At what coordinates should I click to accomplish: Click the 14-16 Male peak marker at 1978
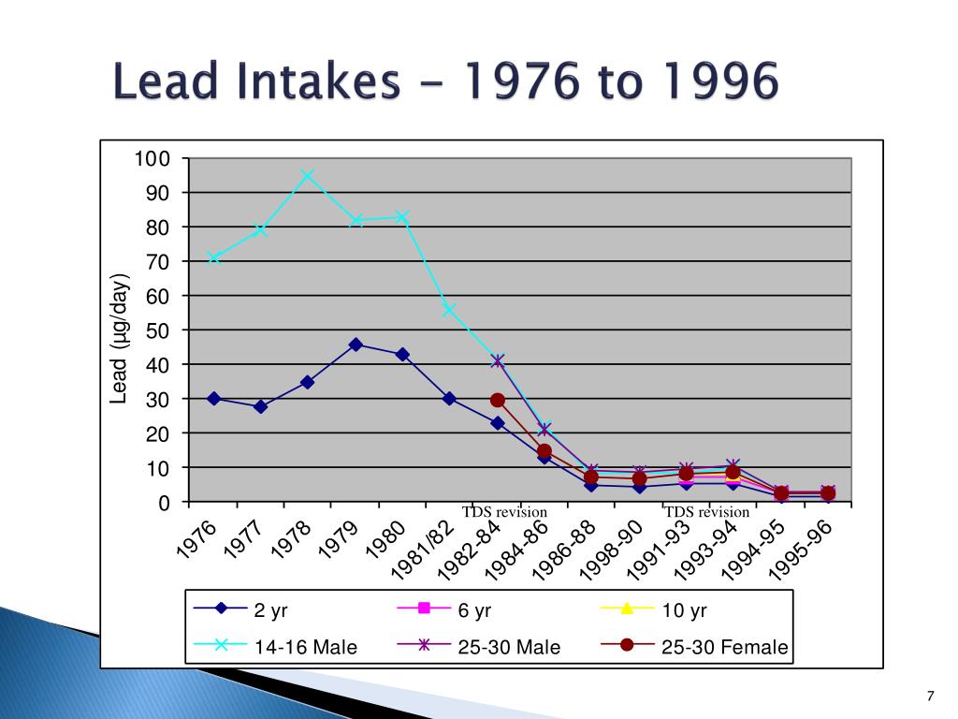[x=307, y=175]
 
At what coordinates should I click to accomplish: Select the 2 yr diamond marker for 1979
[x=356, y=345]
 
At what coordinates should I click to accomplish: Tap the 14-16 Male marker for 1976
[x=214, y=257]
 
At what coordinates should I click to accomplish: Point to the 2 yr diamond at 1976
[x=214, y=399]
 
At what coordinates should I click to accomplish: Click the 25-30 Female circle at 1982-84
[x=498, y=401]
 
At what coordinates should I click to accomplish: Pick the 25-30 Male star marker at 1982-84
[x=498, y=360]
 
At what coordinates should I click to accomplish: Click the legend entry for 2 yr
[x=240, y=609]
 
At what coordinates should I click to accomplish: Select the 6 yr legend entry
[x=444, y=609]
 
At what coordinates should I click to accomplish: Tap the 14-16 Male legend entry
[x=275, y=646]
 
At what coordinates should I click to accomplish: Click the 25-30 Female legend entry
[x=694, y=646]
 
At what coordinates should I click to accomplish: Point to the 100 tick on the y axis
[x=152, y=159]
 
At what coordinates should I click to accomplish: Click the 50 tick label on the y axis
[x=157, y=330]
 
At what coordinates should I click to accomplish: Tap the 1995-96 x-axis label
[x=801, y=550]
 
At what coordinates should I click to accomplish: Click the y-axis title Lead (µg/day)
[x=119, y=339]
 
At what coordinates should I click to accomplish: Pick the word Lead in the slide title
[x=165, y=81]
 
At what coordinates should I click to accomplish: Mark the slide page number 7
[x=931, y=696]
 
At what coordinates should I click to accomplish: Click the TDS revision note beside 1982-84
[x=504, y=512]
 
